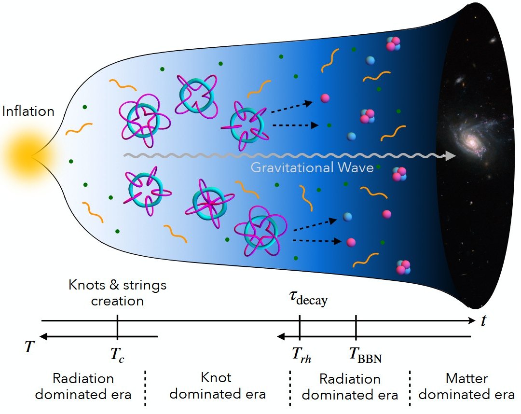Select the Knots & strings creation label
tap(117, 293)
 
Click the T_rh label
tap(301, 355)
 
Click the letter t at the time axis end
tap(483, 320)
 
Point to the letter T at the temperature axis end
tap(30, 346)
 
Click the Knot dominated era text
tap(217, 386)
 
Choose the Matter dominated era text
tap(466, 386)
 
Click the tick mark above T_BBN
tap(356, 329)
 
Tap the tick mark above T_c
tap(118, 329)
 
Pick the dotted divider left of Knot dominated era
tap(145, 387)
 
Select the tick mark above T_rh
tap(300, 329)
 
